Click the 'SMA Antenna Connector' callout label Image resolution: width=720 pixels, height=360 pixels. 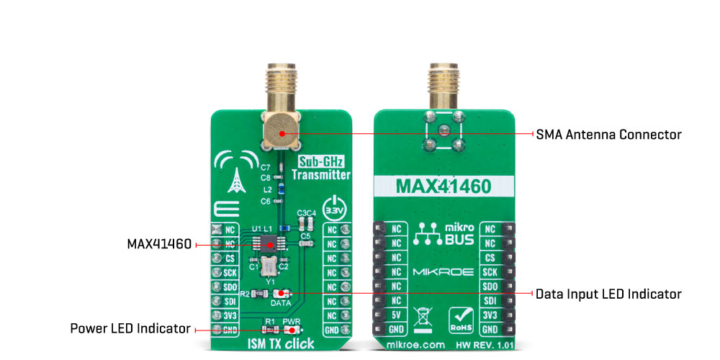609,135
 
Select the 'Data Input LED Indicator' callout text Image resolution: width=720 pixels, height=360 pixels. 609,294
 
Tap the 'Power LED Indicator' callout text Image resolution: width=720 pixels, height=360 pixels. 130,329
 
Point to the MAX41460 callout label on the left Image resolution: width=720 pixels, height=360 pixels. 159,244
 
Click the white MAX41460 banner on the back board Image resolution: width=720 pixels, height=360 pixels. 444,186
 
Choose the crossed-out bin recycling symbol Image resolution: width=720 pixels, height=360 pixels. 425,317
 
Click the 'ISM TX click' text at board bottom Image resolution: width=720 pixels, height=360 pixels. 281,344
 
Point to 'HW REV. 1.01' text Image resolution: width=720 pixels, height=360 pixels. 485,344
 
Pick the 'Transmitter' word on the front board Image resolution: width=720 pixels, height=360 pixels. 321,175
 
